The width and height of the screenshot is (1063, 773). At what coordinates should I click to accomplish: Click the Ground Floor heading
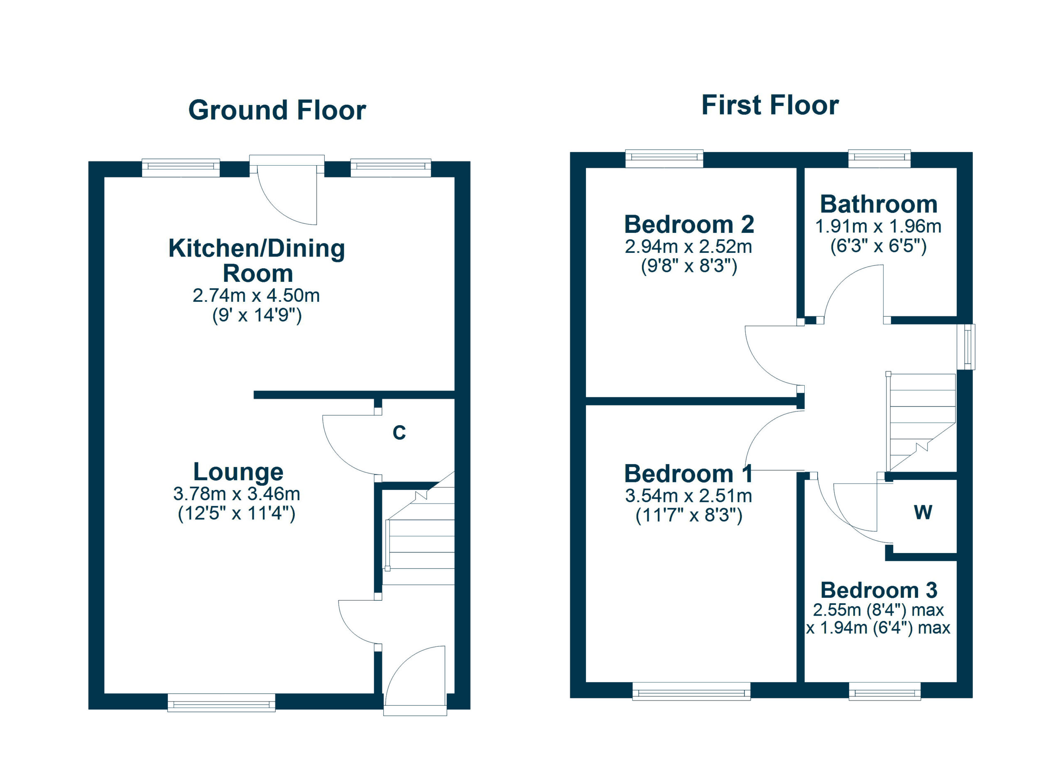pyautogui.click(x=277, y=110)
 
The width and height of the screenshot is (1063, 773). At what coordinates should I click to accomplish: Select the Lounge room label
pyautogui.click(x=238, y=472)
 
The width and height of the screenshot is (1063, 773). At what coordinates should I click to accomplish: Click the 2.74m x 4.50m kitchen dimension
pyautogui.click(x=256, y=296)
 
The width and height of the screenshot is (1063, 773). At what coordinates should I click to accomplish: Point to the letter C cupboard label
pyautogui.click(x=399, y=433)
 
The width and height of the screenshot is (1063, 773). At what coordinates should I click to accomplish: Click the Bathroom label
pyautogui.click(x=878, y=204)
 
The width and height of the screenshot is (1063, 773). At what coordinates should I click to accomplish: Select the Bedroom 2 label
pyautogui.click(x=688, y=225)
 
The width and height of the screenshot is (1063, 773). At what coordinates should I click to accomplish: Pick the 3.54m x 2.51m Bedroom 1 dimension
pyautogui.click(x=688, y=496)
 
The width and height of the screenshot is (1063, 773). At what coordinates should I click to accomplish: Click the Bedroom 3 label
pyautogui.click(x=878, y=590)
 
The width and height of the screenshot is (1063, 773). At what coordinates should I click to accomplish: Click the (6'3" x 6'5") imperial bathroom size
pyautogui.click(x=878, y=246)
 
